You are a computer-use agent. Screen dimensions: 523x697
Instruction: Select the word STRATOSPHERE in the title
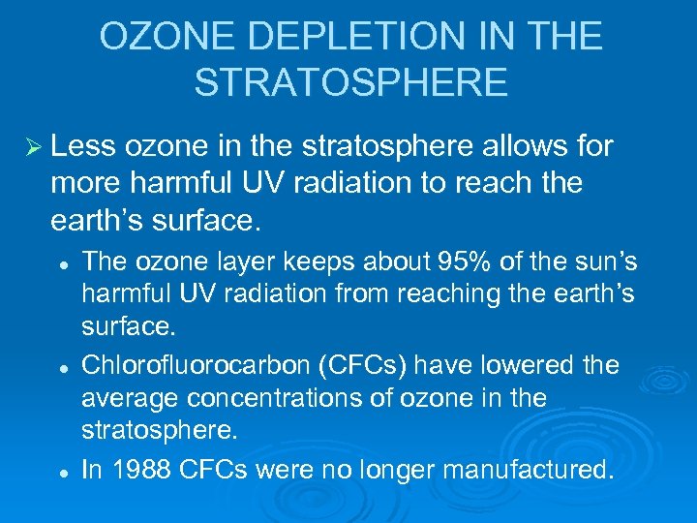click(x=350, y=82)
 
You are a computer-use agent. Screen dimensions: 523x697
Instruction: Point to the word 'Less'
click(x=82, y=146)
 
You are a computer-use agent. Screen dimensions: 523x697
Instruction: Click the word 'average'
click(x=128, y=398)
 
